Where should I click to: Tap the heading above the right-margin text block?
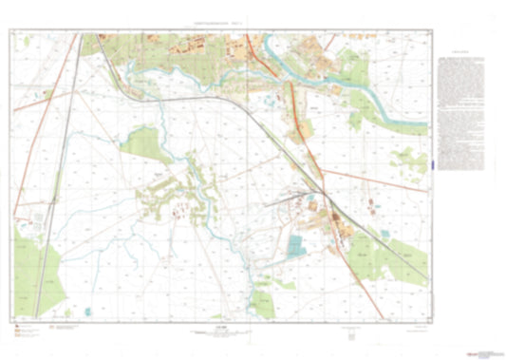click(x=463, y=55)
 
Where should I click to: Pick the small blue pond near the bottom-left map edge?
click(x=86, y=310)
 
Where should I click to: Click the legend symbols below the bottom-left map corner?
click(x=38, y=330)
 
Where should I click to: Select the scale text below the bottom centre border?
click(x=221, y=330)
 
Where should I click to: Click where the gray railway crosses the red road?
click(x=324, y=194)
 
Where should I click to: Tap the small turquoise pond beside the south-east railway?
click(x=384, y=233)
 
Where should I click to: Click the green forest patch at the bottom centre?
click(x=262, y=303)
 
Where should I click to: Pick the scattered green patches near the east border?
click(x=413, y=161)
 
